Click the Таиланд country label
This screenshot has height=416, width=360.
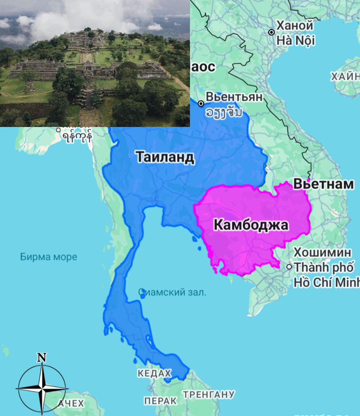[165, 157]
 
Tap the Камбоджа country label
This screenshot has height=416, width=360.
[251, 225]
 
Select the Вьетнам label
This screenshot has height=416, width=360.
[324, 184]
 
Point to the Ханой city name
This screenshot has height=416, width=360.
[295, 26]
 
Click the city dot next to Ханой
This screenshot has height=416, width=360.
[272, 32]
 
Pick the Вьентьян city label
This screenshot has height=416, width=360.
[234, 97]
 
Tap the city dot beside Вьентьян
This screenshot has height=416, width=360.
[201, 103]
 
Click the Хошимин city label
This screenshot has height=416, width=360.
[322, 252]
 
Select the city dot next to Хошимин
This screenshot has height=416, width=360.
[289, 267]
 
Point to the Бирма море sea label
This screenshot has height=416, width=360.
[49, 257]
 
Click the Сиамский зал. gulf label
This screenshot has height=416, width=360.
[172, 292]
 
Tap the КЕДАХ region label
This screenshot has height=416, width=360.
[154, 373]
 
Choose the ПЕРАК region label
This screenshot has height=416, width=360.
[160, 401]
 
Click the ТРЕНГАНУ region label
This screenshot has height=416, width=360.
[209, 395]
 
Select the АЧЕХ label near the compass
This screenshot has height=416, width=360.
[71, 403]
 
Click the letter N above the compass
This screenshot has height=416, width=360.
[42, 357]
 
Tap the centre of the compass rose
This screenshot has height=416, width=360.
[42, 389]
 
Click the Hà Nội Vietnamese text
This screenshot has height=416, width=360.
[296, 41]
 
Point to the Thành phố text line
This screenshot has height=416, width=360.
[324, 267]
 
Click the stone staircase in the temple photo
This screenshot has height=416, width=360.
[89, 100]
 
